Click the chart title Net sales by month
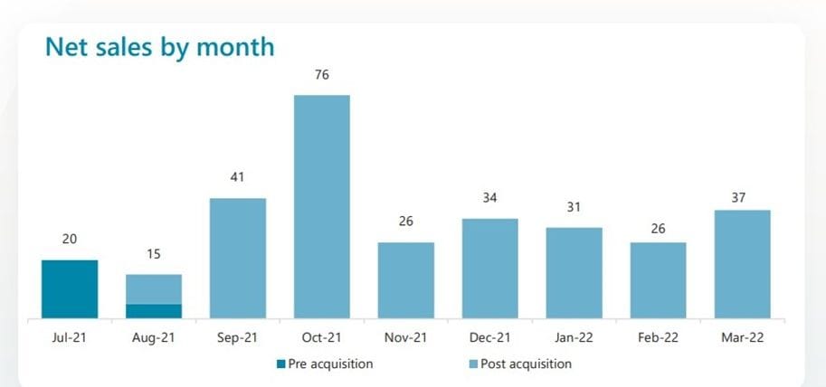pos(159,46)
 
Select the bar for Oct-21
pos(321,206)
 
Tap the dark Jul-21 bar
pos(70,288)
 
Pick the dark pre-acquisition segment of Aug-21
pos(154,311)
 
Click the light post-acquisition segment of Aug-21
pos(154,288)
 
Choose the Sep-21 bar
pos(238,258)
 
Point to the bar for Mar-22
pos(742,264)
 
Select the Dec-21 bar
pos(489,268)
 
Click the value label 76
pos(321,75)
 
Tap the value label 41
pos(238,178)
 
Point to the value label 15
pos(154,254)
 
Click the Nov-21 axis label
pos(405,338)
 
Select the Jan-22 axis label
pos(574,338)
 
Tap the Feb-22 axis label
pos(658,338)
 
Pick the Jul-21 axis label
pos(70,338)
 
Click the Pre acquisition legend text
pos(330,363)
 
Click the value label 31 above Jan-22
pos(574,207)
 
